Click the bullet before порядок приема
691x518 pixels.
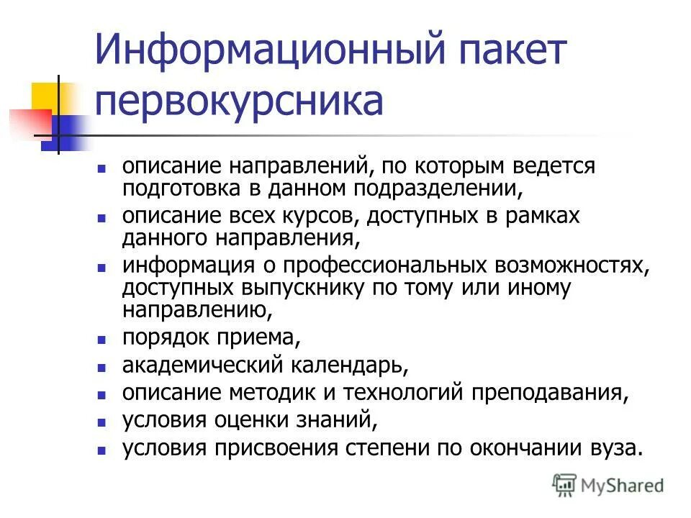pyautogui.click(x=102, y=338)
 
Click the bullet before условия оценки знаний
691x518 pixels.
pyautogui.click(x=102, y=422)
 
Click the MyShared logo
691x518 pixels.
pyautogui.click(x=608, y=486)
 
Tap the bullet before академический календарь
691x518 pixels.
pyautogui.click(x=102, y=367)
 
